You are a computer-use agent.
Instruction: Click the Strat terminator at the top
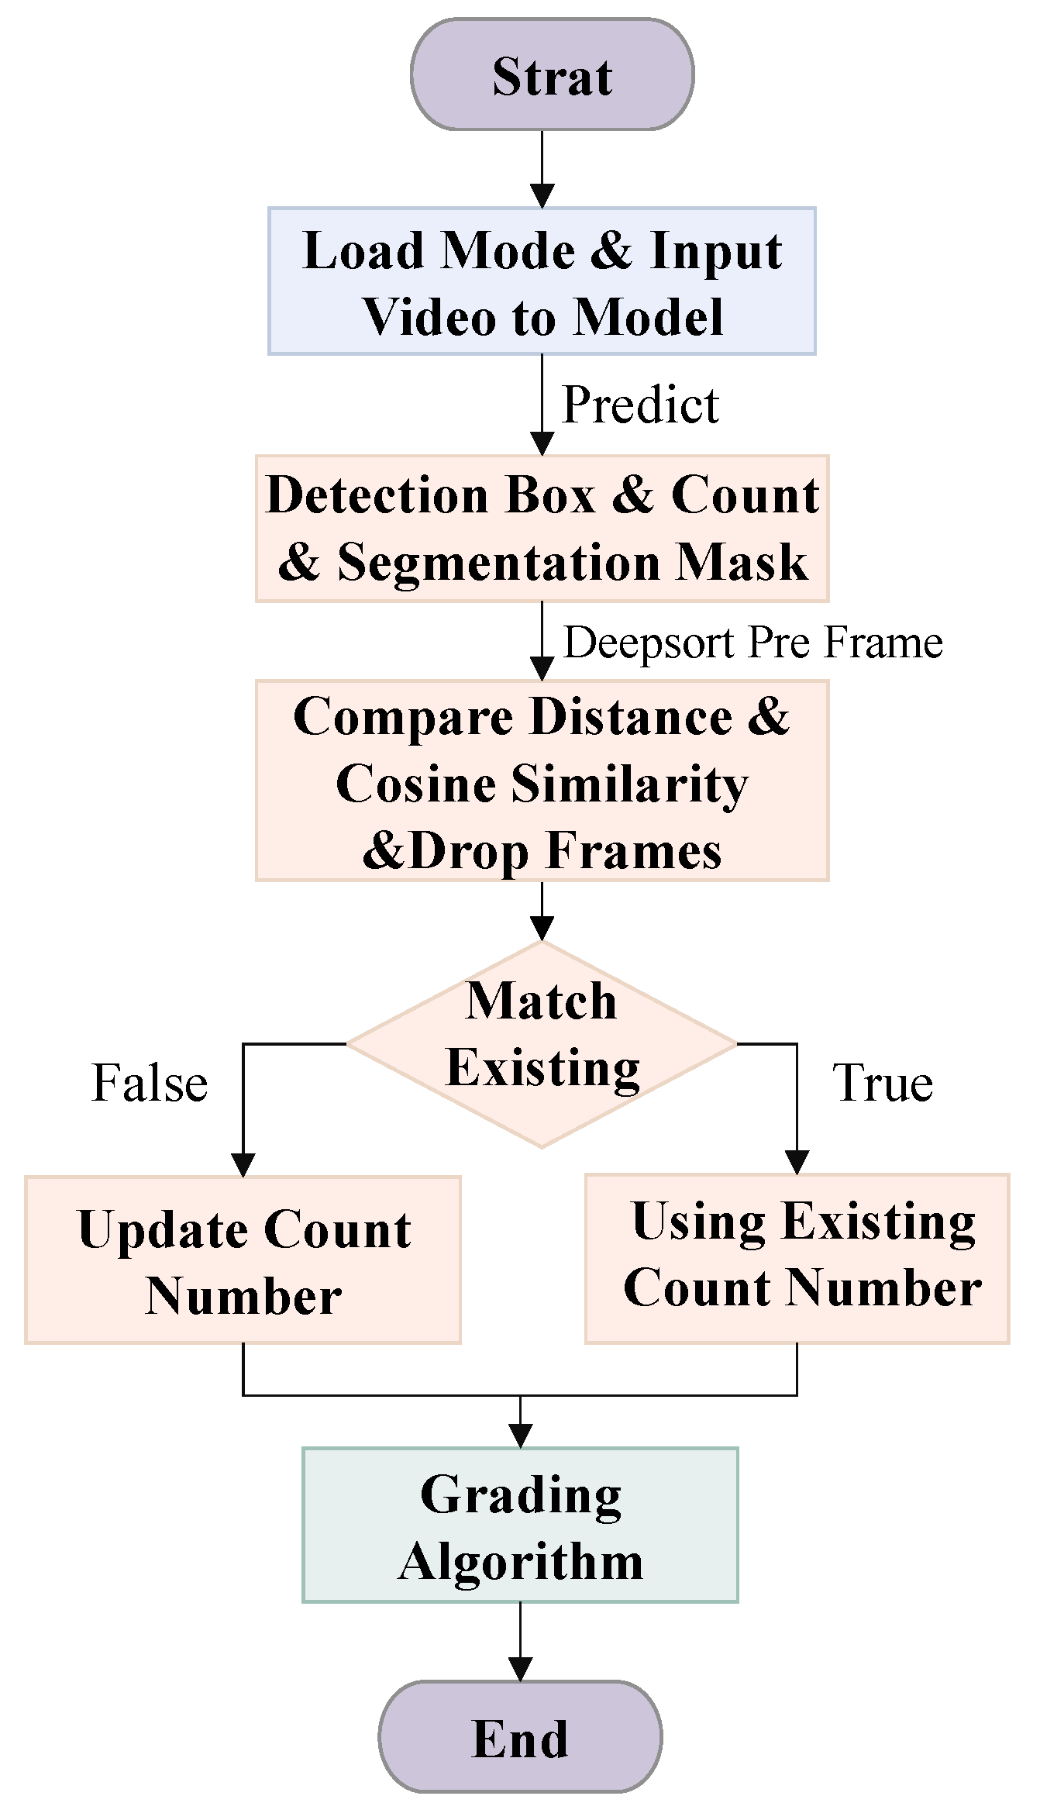(x=552, y=75)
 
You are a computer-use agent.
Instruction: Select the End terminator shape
(x=520, y=1737)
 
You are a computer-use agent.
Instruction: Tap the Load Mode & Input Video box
(x=542, y=281)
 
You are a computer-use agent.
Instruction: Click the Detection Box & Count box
(x=542, y=529)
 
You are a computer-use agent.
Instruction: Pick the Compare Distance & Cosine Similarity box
(x=542, y=781)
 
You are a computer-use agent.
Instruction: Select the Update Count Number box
(x=243, y=1260)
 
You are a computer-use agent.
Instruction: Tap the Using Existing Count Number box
(x=797, y=1259)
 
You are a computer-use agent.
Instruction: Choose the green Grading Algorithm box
(x=520, y=1525)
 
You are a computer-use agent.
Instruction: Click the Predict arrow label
(x=640, y=405)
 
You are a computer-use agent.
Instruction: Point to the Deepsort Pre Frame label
(x=752, y=643)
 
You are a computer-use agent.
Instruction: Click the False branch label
(x=150, y=1083)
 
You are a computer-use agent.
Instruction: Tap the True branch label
(x=882, y=1083)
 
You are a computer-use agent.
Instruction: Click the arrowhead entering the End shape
(x=520, y=1669)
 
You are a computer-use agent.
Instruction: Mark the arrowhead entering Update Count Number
(x=243, y=1164)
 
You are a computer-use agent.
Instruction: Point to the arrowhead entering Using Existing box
(x=797, y=1162)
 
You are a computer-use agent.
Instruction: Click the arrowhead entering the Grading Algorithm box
(x=520, y=1436)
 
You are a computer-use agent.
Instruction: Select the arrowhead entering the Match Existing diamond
(x=542, y=928)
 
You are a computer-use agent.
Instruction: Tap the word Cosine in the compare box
(x=415, y=784)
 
